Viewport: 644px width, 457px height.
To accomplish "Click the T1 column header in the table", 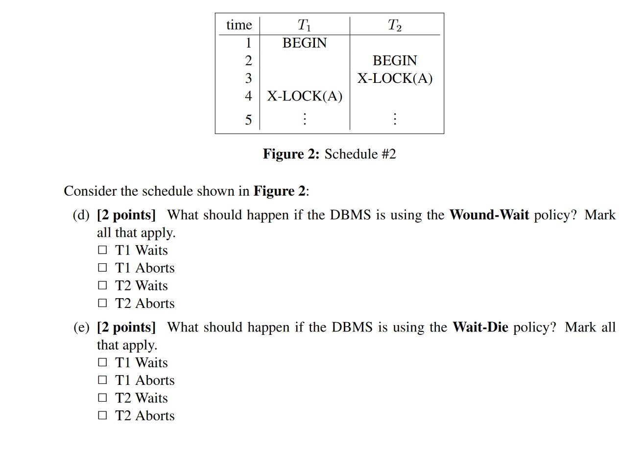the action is tap(304, 25).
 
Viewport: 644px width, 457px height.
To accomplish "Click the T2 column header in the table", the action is tap(394, 25).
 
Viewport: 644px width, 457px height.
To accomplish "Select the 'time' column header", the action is tap(239, 25).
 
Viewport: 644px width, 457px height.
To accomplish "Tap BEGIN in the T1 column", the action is tap(304, 43).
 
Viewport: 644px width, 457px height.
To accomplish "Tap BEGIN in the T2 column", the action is tap(395, 61).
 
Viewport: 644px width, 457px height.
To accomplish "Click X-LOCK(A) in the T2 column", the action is tap(395, 78).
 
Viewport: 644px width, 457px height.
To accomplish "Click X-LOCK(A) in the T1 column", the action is tap(304, 96).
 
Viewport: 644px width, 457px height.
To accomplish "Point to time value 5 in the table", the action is tap(248, 120).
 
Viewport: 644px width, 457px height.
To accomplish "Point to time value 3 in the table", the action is tap(248, 78).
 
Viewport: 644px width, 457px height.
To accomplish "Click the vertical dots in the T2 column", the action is tap(395, 119).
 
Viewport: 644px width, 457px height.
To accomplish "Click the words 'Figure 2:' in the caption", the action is tap(291, 154).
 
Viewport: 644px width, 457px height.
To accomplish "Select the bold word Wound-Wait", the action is tap(489, 215).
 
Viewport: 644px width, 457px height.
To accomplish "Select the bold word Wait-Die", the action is tap(480, 327).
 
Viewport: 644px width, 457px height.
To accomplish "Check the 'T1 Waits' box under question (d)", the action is tap(102, 250).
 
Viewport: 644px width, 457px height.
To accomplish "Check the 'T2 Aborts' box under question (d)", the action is tap(102, 303).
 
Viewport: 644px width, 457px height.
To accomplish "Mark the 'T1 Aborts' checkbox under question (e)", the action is tap(102, 380).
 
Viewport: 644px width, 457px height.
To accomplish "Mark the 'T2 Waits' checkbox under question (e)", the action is tap(102, 398).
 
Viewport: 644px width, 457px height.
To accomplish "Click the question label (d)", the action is tap(81, 215).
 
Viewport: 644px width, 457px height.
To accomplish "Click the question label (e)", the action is tap(81, 327).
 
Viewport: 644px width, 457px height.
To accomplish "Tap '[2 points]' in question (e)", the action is tap(126, 327).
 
